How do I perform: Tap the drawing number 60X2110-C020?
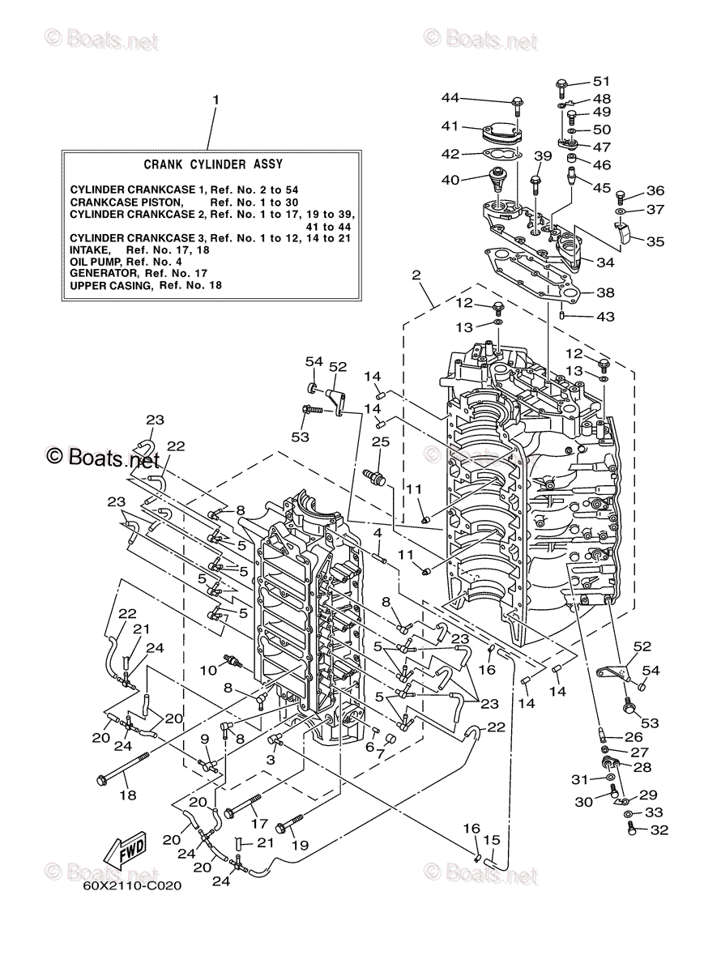(x=131, y=885)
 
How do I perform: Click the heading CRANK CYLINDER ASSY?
(x=213, y=164)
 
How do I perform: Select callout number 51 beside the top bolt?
(x=600, y=81)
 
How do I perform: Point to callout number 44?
(x=450, y=98)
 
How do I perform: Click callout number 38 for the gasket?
(x=606, y=292)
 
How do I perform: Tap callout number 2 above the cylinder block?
(x=416, y=275)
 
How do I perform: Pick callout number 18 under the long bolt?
(x=129, y=795)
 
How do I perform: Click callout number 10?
(x=207, y=669)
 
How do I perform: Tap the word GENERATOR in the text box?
(x=100, y=274)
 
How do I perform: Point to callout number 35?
(x=655, y=241)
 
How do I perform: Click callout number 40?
(x=450, y=179)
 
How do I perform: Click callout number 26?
(x=634, y=737)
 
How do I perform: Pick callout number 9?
(x=205, y=738)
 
